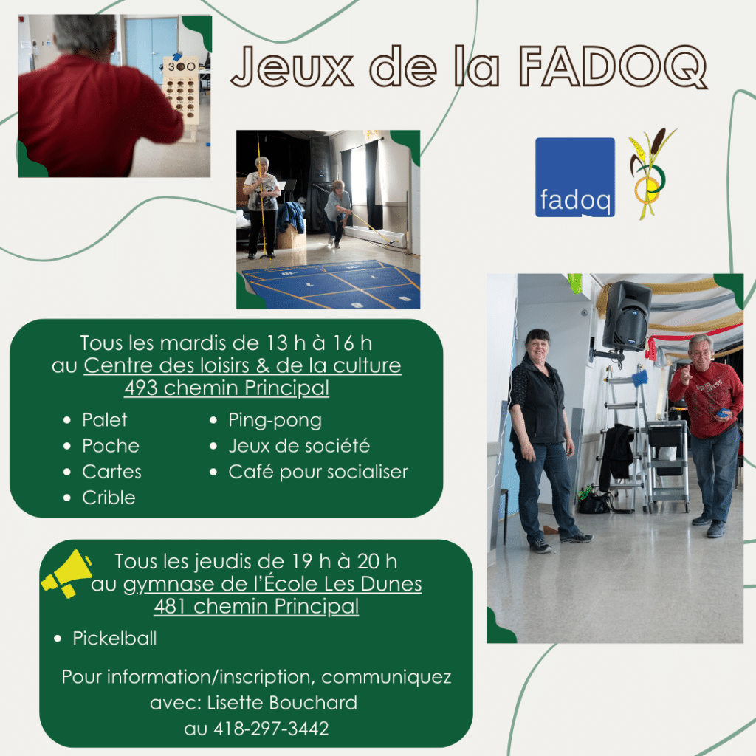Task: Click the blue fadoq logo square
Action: pyautogui.click(x=574, y=177)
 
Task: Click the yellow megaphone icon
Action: pyautogui.click(x=67, y=574)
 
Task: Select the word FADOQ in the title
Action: pyautogui.click(x=613, y=67)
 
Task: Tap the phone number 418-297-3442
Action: pyautogui.click(x=271, y=728)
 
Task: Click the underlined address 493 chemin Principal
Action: pyautogui.click(x=227, y=388)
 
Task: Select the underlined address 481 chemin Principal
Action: pyautogui.click(x=256, y=606)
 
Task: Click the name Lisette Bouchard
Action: pyautogui.click(x=282, y=703)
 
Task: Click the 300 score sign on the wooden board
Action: pyautogui.click(x=182, y=66)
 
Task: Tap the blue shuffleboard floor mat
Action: pyautogui.click(x=331, y=284)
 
